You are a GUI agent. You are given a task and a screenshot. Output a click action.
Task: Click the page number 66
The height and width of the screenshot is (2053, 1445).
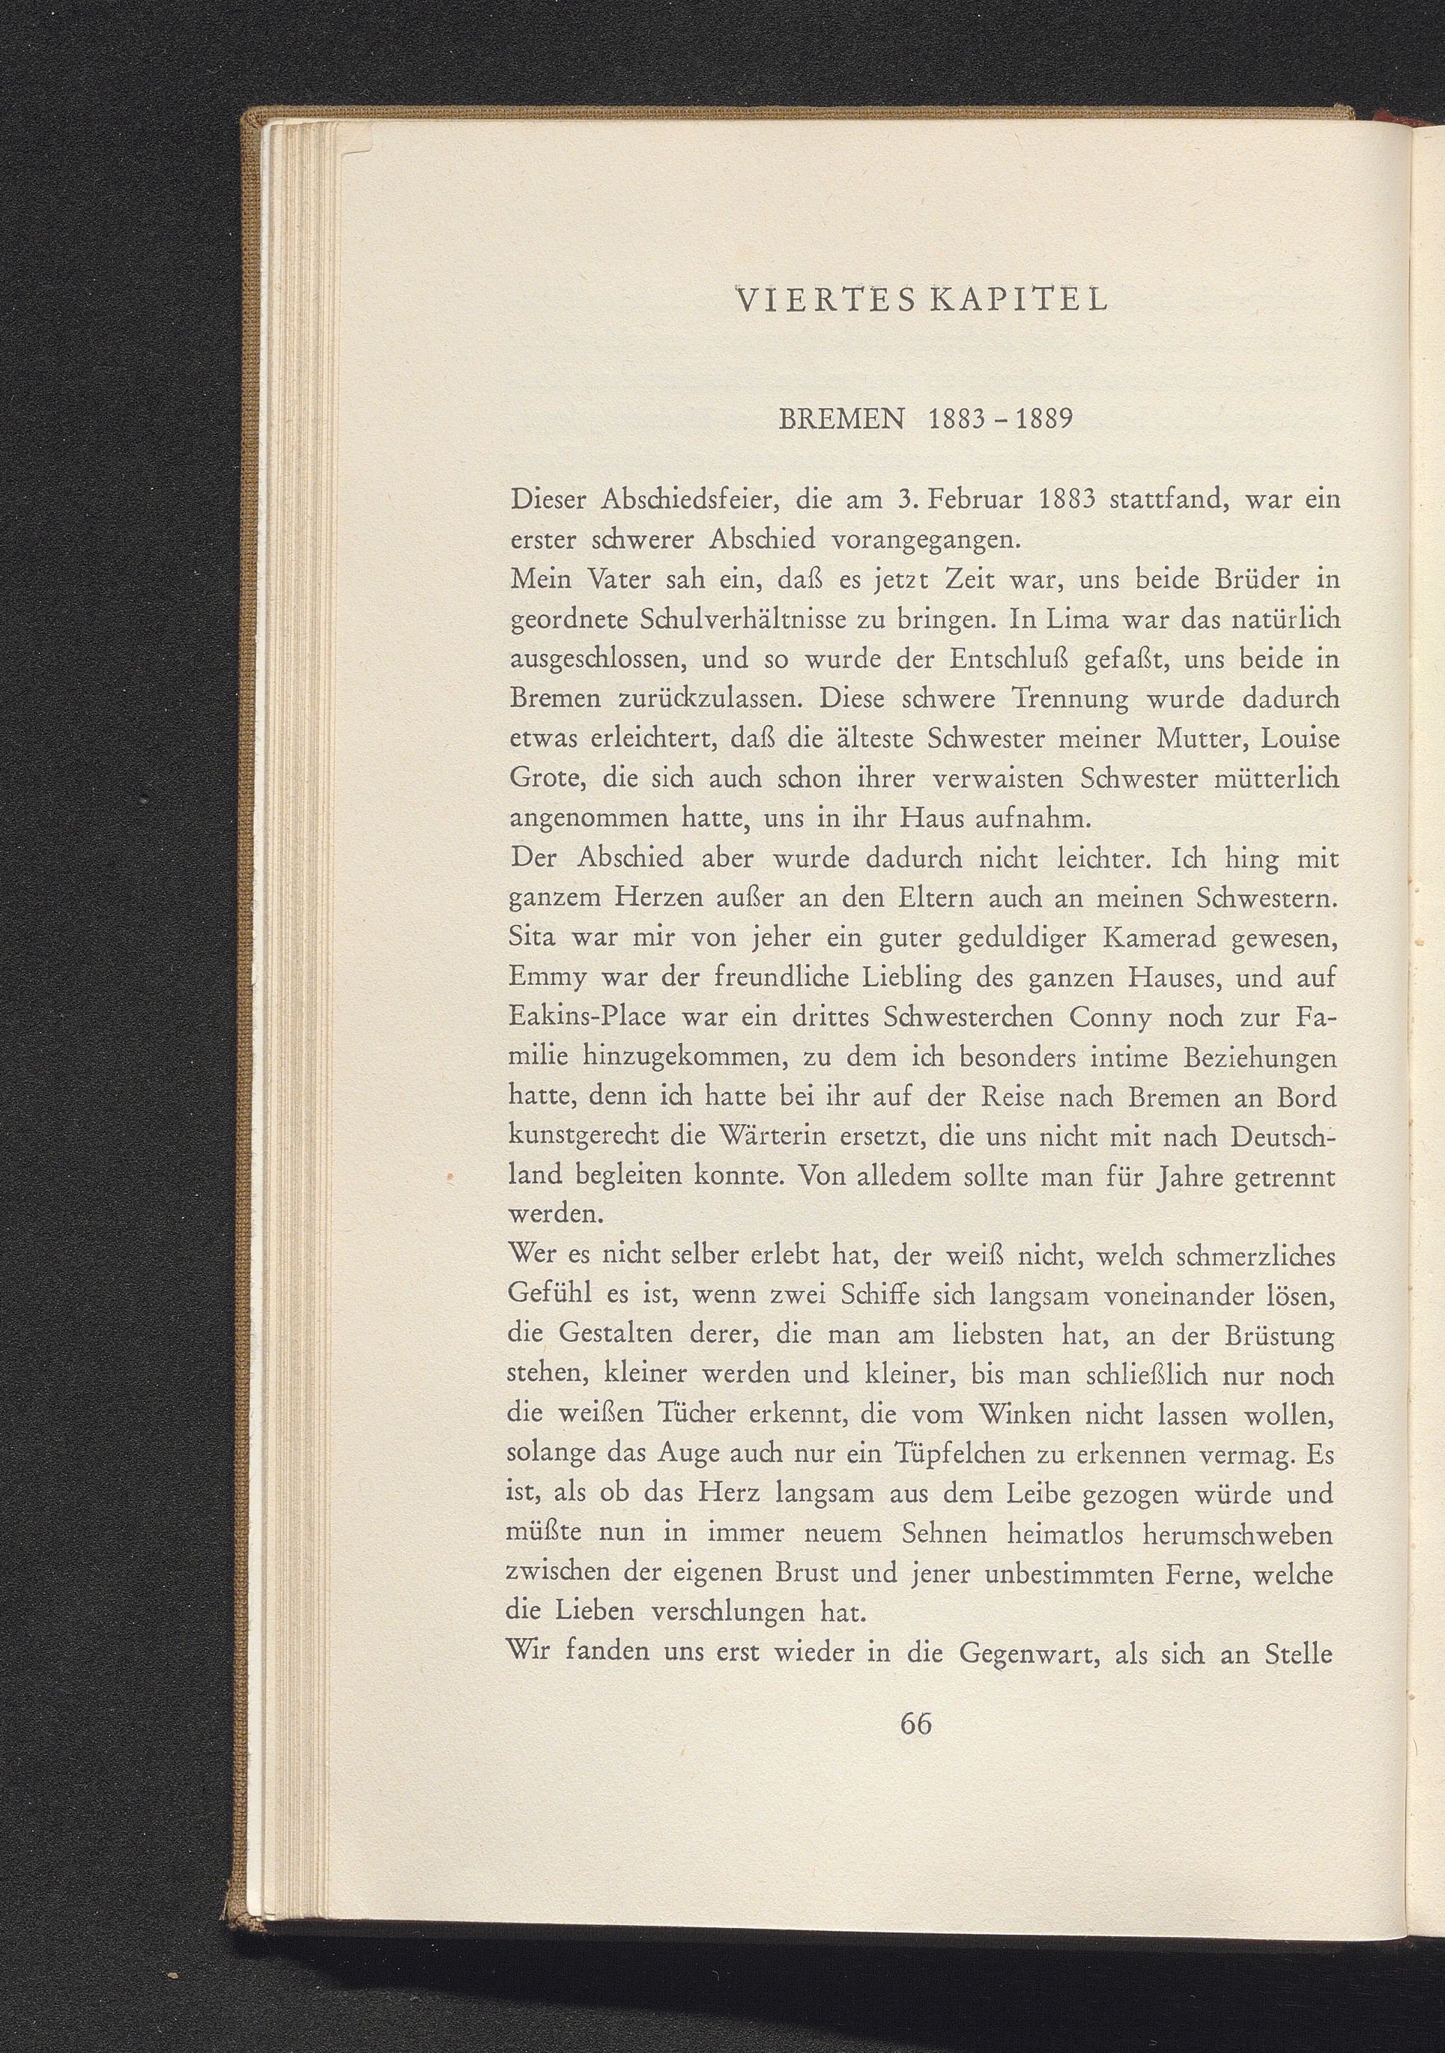(917, 1722)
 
